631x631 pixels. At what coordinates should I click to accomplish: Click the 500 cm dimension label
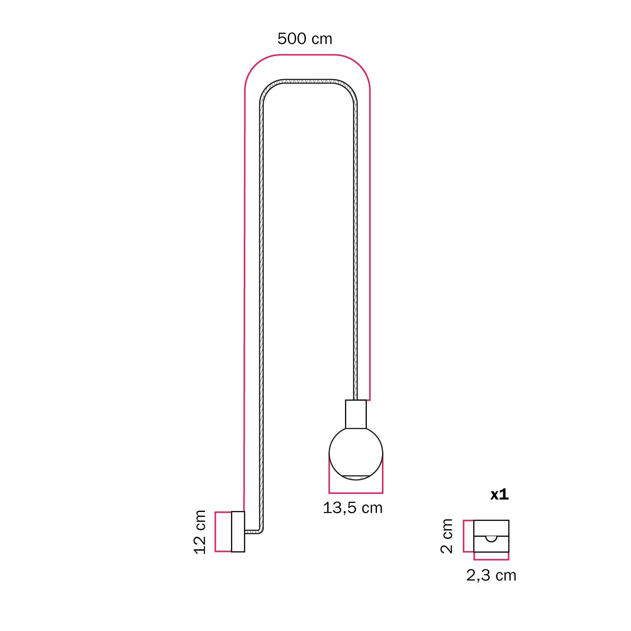[x=305, y=39]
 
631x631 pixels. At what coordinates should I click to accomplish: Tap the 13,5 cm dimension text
[x=353, y=508]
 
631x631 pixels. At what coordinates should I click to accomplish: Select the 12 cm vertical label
[x=200, y=532]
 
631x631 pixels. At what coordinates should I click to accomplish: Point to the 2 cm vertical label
[x=447, y=536]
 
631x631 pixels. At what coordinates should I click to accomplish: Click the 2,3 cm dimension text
[x=491, y=575]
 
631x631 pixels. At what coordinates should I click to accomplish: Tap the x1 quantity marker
[x=499, y=495]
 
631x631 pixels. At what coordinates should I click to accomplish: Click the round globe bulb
[x=356, y=452]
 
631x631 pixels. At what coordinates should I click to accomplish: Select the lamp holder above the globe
[x=356, y=414]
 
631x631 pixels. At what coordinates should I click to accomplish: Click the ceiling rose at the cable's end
[x=238, y=531]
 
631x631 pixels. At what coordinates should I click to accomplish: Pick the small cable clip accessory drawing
[x=491, y=536]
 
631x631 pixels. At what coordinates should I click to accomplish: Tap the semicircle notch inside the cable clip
[x=491, y=539]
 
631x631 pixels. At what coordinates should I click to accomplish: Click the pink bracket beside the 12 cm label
[x=216, y=531]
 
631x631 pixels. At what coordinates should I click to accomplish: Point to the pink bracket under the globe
[x=356, y=492]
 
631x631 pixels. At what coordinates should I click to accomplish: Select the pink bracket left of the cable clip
[x=464, y=536]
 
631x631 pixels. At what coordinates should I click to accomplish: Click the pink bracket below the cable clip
[x=491, y=559]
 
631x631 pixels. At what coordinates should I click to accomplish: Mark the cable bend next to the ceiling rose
[x=261, y=531]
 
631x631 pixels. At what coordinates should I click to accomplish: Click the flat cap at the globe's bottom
[x=356, y=477]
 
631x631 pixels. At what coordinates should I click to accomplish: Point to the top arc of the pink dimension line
[x=307, y=55]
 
